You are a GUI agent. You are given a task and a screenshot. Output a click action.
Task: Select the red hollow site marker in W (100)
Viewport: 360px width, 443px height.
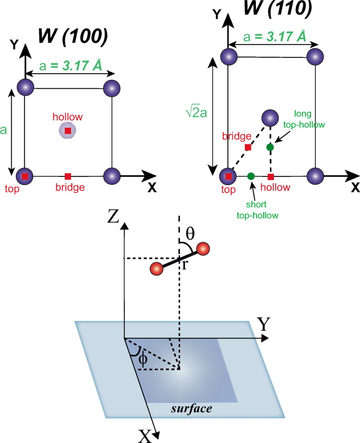(68, 131)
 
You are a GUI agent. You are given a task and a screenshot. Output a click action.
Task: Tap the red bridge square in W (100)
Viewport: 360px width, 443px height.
(68, 176)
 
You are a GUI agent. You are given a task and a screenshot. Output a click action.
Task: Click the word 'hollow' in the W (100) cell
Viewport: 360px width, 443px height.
(67, 117)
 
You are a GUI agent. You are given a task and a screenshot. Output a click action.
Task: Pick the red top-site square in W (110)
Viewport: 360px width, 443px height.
(228, 176)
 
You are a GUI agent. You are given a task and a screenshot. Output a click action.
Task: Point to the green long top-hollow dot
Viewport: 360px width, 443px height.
(270, 147)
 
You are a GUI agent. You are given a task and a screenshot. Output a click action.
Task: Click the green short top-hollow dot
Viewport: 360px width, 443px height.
(251, 176)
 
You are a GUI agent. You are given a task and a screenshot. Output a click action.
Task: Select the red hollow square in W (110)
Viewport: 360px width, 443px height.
(271, 177)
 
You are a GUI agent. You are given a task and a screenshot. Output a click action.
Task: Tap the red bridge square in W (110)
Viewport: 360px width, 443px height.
(247, 147)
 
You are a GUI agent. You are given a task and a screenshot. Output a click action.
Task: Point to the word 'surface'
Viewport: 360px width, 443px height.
(193, 408)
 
